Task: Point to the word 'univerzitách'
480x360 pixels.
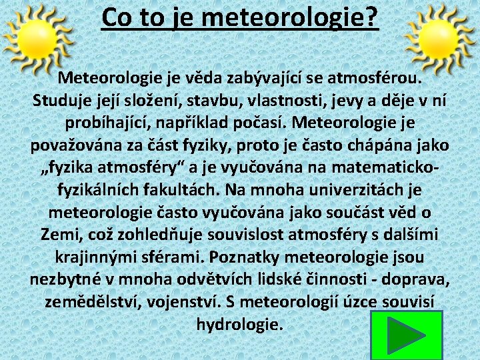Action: click(x=358, y=191)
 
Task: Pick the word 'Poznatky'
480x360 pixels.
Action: click(x=244, y=257)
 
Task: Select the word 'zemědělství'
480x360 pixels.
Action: click(x=89, y=302)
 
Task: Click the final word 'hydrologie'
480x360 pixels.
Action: click(x=239, y=325)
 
